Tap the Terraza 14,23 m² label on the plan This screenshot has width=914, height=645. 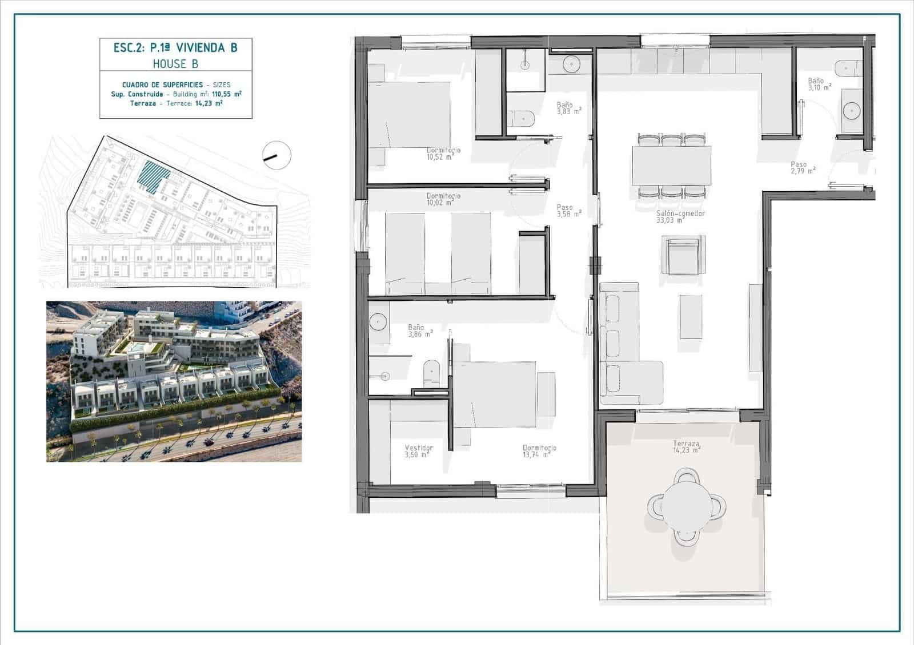click(685, 446)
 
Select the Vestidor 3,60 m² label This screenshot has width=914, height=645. click(418, 451)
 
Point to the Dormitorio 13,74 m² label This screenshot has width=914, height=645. click(539, 451)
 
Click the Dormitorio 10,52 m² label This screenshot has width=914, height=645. click(443, 154)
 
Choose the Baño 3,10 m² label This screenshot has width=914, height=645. click(819, 84)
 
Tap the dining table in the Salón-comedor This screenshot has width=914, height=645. click(671, 165)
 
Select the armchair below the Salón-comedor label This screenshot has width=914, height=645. click(684, 255)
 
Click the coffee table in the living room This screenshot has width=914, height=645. click(691, 316)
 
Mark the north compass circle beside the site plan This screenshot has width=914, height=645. click(276, 155)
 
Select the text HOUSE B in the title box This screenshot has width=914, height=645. click(175, 64)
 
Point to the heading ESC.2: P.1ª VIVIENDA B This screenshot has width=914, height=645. click(175, 47)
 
